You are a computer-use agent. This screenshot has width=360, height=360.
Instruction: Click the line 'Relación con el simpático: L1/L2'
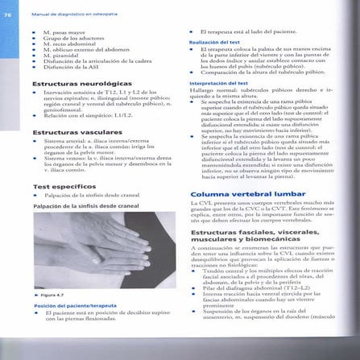click(89, 115)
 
